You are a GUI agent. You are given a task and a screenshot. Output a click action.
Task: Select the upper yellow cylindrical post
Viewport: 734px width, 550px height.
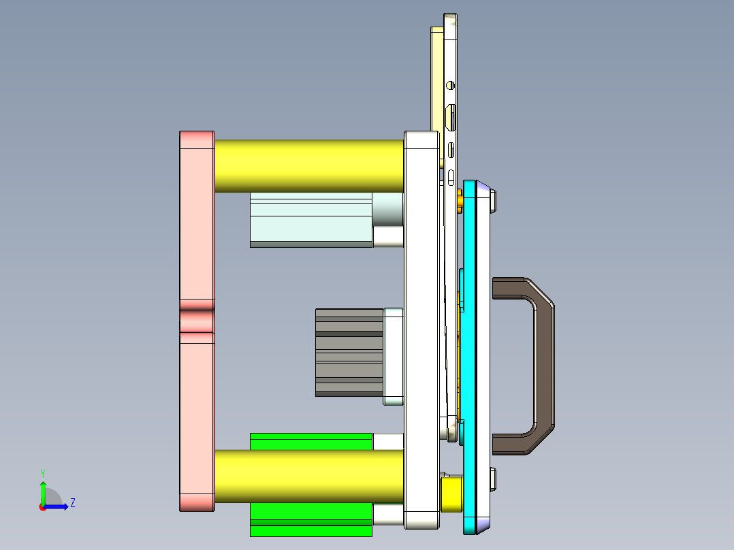(x=309, y=166)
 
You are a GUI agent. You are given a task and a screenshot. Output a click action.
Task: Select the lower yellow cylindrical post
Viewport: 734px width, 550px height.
(x=309, y=476)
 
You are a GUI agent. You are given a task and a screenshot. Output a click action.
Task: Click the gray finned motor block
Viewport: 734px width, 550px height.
(x=349, y=353)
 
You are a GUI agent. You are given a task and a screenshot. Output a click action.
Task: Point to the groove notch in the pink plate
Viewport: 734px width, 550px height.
(x=197, y=321)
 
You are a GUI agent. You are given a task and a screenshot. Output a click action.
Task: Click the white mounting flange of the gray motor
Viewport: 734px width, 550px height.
(x=394, y=356)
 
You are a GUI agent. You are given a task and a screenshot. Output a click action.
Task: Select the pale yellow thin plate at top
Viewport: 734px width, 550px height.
(x=436, y=82)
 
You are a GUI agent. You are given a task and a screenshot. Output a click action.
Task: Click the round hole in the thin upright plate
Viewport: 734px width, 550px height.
(x=450, y=86)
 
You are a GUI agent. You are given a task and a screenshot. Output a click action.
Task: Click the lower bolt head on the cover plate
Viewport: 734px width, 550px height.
(x=494, y=479)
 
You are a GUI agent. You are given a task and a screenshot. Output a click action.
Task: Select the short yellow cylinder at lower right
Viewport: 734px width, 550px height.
(x=452, y=494)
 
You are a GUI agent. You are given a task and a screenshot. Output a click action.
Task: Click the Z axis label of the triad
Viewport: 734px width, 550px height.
(x=72, y=503)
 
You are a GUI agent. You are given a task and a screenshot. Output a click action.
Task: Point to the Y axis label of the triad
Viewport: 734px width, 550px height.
(x=42, y=472)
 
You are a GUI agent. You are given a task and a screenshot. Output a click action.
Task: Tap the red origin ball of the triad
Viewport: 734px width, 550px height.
(x=42, y=506)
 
